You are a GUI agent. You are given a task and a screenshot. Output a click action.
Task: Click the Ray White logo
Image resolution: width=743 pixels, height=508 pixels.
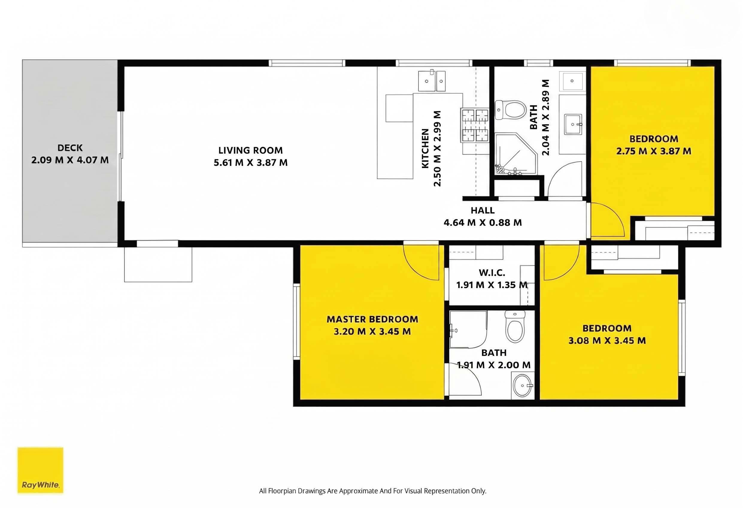coord(40,470)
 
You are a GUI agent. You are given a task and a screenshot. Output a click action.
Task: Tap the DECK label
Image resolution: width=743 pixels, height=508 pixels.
coord(70,148)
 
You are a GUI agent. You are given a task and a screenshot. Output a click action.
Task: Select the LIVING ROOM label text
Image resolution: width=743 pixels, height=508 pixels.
coord(251,150)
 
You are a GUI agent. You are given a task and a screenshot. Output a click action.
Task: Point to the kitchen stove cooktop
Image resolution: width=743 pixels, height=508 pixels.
coord(475,126)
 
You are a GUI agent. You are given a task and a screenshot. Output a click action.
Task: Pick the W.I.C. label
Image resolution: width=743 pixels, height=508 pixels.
coord(492,273)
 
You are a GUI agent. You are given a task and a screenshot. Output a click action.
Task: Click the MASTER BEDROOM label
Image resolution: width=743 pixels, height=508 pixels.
coord(372,319)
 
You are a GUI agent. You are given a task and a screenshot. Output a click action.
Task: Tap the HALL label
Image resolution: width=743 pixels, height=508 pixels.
coord(483,211)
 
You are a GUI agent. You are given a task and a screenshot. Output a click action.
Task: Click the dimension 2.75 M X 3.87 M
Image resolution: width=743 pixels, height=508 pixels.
coord(654,151)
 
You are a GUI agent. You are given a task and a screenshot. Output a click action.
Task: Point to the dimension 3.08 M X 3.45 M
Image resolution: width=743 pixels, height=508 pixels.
coord(607,340)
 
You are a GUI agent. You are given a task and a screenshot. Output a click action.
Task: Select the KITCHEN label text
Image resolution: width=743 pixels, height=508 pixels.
coord(425,149)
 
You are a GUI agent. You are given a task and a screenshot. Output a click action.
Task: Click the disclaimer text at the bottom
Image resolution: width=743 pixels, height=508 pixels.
coord(372,491)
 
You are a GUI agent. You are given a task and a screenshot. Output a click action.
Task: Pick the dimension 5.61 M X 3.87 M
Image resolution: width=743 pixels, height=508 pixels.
coord(251,163)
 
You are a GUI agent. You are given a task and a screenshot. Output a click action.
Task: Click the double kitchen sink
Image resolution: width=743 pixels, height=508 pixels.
coord(432,81)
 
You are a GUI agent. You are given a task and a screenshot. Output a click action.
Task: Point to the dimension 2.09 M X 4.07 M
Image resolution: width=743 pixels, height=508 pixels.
coord(70,160)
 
